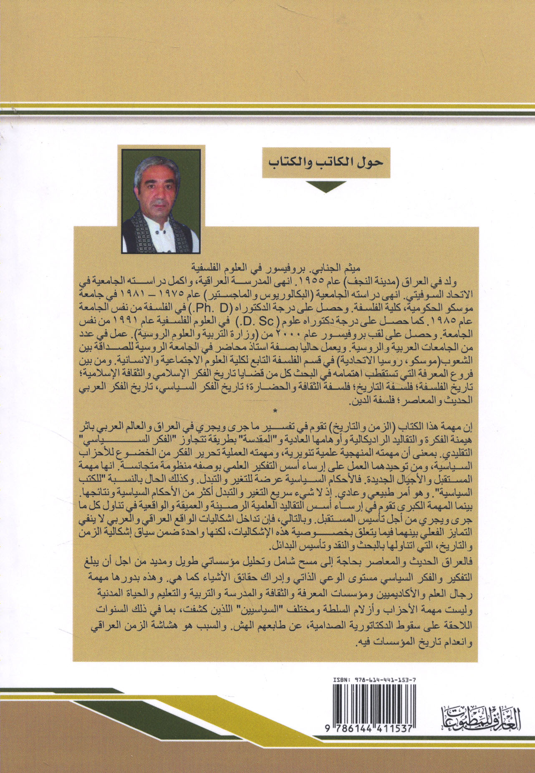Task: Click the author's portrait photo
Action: [161, 201]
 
